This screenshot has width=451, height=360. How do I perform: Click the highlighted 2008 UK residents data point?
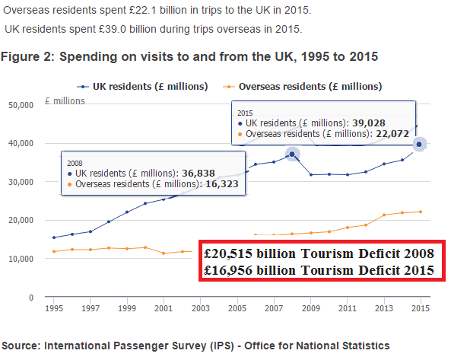[291, 155]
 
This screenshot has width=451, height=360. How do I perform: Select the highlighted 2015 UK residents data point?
[420, 144]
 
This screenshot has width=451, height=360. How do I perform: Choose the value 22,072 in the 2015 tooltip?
[393, 135]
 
